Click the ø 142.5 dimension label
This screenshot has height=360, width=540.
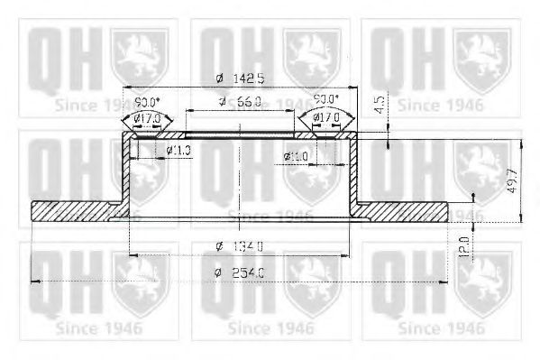tap(240, 78)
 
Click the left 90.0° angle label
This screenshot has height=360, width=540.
tap(147, 103)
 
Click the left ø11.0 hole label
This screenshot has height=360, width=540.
tap(178, 151)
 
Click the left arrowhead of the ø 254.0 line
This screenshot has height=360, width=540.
tap(34, 282)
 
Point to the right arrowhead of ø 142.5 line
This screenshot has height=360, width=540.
tap(354, 88)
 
